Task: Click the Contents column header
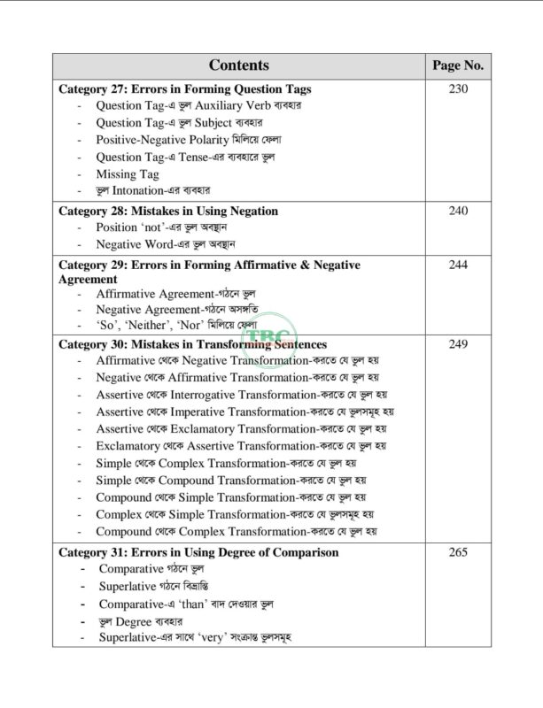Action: [x=239, y=65]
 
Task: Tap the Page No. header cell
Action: [x=458, y=65]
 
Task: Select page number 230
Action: [x=458, y=89]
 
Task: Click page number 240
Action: [x=458, y=211]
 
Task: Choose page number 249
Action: [x=458, y=343]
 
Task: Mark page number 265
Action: [x=458, y=552]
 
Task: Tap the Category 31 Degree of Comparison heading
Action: [x=198, y=552]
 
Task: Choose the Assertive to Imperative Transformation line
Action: [x=244, y=412]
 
